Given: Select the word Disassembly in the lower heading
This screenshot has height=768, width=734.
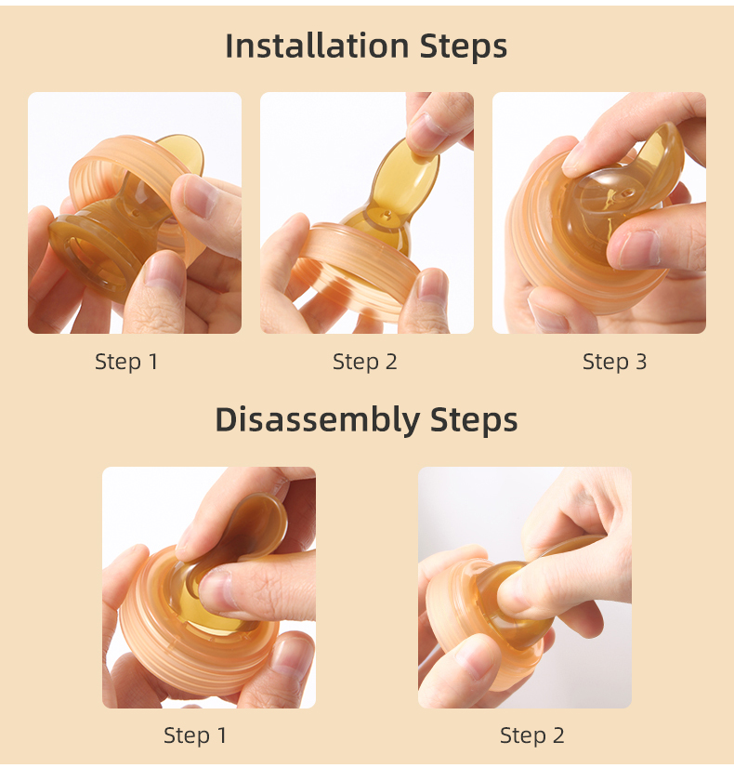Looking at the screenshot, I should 317,420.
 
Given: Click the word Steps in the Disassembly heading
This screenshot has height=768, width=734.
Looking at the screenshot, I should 474,420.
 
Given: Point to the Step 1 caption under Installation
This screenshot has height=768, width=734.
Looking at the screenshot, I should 126,362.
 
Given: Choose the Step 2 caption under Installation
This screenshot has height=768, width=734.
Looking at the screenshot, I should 365,362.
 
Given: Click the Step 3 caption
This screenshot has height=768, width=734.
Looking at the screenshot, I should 614,362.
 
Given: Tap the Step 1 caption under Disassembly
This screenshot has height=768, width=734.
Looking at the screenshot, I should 195,735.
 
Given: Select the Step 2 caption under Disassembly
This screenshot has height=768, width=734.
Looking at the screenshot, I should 531,735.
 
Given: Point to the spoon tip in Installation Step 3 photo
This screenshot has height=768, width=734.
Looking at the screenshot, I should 664,153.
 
